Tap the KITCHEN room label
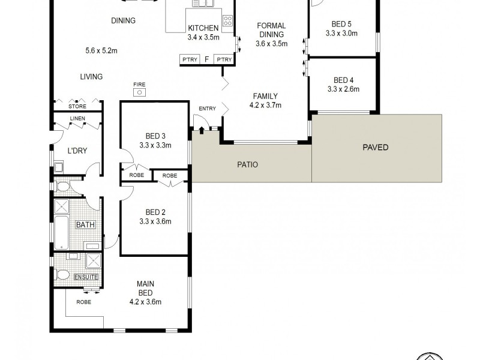click(x=203, y=28)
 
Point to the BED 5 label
click(x=341, y=25)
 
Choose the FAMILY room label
click(x=265, y=96)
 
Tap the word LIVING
click(x=92, y=77)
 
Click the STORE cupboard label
click(x=77, y=107)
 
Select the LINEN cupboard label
click(x=77, y=119)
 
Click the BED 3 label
click(x=155, y=135)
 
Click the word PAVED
click(x=376, y=147)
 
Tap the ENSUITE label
click(x=86, y=277)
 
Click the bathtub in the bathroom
click(x=62, y=233)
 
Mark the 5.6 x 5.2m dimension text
click(x=101, y=51)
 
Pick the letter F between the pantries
click(x=207, y=59)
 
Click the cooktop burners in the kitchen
click(x=227, y=22)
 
